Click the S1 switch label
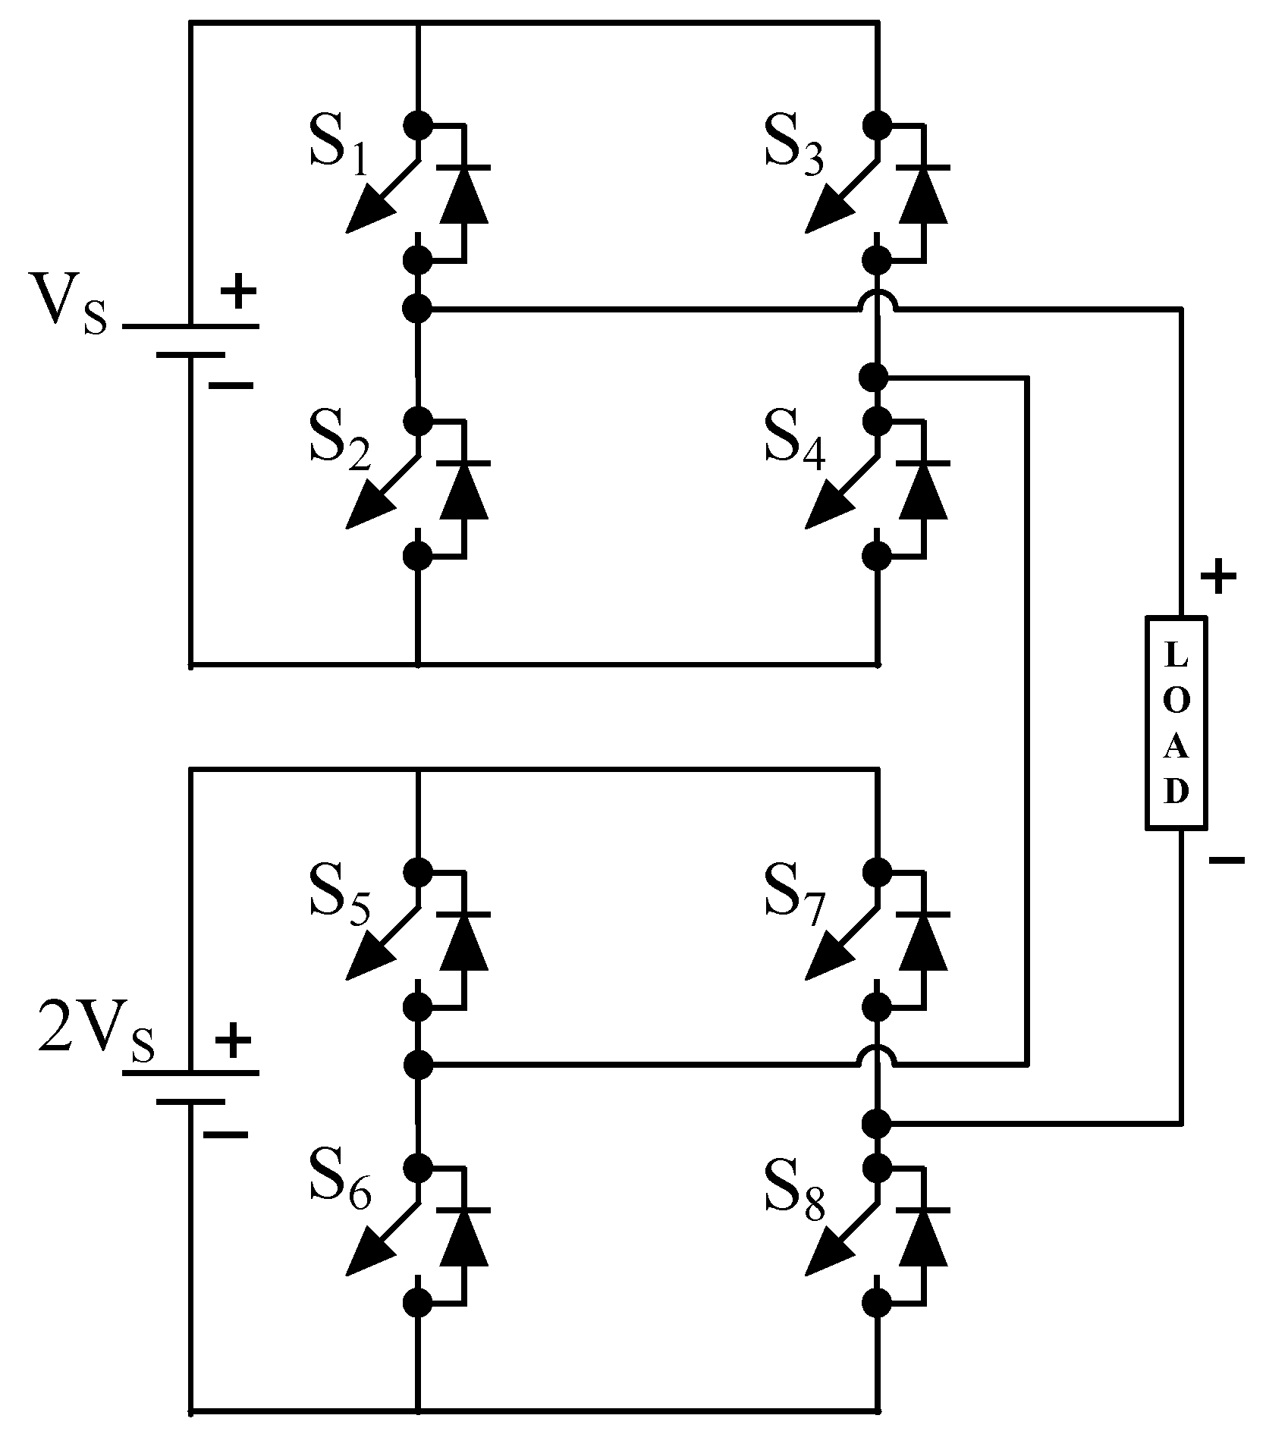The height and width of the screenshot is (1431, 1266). (x=339, y=144)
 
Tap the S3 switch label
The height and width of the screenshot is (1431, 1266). (x=794, y=144)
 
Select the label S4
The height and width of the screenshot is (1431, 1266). (x=794, y=440)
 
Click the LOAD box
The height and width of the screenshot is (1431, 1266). (x=1175, y=721)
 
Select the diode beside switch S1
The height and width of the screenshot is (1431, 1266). (x=464, y=196)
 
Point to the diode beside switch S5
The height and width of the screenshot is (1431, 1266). (x=464, y=942)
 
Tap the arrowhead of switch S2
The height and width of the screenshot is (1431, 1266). (x=368, y=510)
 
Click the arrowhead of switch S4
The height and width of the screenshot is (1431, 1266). (x=826, y=510)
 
